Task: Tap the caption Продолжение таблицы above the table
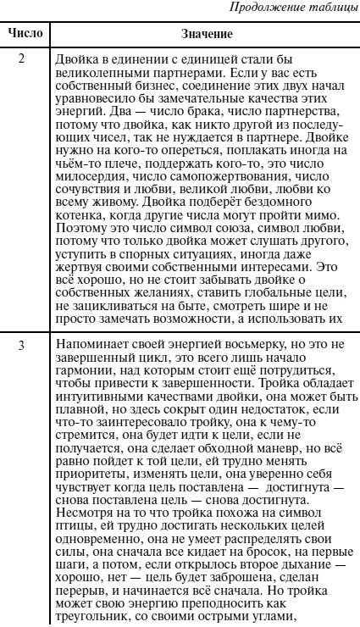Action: click(x=299, y=9)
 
